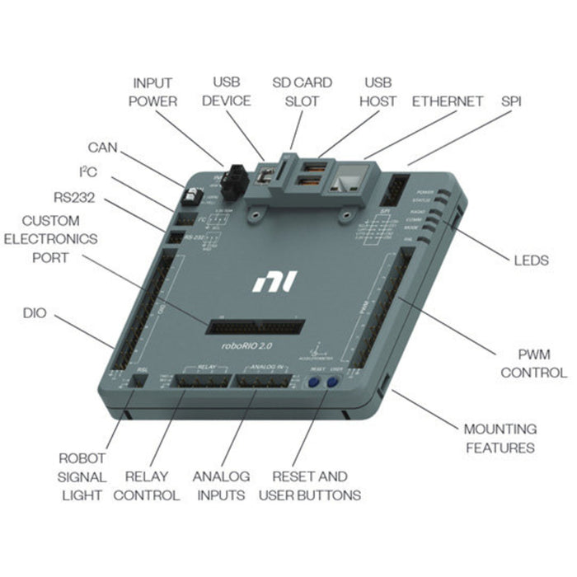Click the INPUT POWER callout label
[153, 91]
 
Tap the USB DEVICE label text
[232, 91]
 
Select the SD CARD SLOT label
[302, 91]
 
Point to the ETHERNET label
[448, 101]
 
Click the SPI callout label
[511, 101]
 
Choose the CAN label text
[103, 148]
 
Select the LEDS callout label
[530, 260]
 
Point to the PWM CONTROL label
[532, 364]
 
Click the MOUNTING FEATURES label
[500, 439]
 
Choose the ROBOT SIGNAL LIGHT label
[82, 476]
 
